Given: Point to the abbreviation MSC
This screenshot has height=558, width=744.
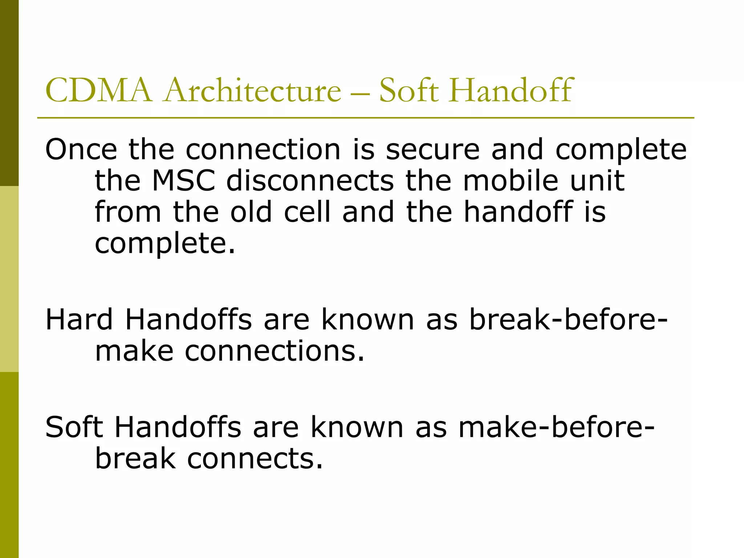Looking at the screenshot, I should pyautogui.click(x=184, y=181).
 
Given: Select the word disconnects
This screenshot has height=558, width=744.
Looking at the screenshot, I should pyautogui.click(x=310, y=181).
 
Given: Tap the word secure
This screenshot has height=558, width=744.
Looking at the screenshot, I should pyautogui.click(x=433, y=149).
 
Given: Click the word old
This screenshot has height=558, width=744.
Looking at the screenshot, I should pyautogui.click(x=251, y=212).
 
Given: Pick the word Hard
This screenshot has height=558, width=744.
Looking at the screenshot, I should pyautogui.click(x=79, y=320).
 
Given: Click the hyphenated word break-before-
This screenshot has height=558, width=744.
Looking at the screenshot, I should pyautogui.click(x=568, y=320).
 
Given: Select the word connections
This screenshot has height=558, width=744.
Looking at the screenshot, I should pyautogui.click(x=275, y=351).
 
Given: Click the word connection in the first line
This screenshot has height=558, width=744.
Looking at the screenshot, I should pyautogui.click(x=263, y=149).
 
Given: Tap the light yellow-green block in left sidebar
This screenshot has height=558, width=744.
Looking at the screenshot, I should pyautogui.click(x=9, y=279).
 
